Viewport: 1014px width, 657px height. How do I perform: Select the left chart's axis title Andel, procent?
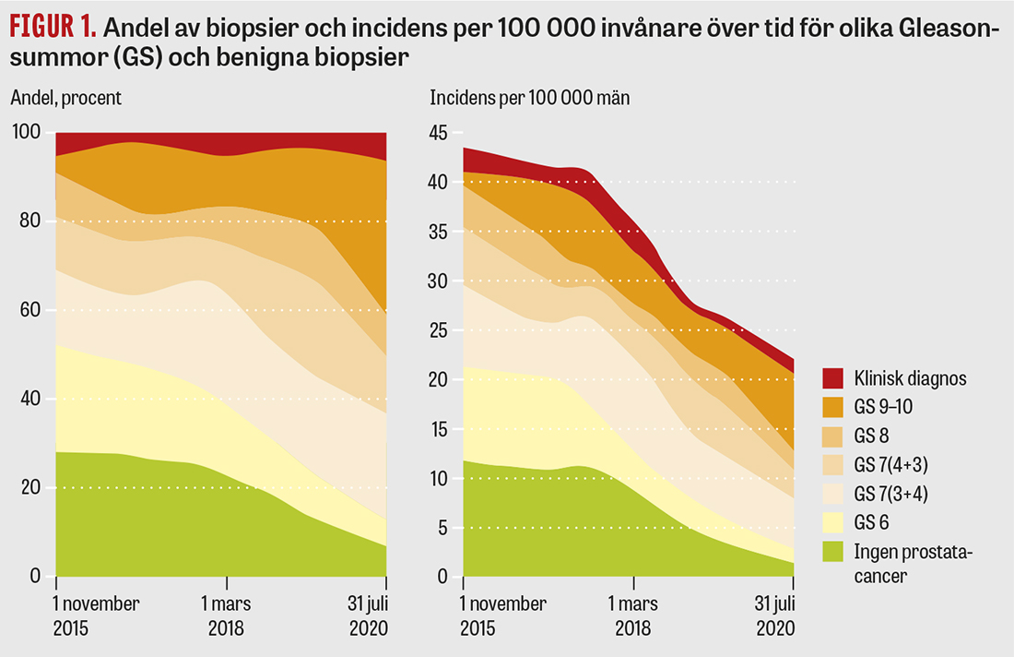pyautogui.click(x=66, y=97)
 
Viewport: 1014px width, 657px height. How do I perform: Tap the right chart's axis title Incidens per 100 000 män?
pyautogui.click(x=530, y=97)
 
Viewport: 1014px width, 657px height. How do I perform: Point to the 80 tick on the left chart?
pyautogui.click(x=30, y=221)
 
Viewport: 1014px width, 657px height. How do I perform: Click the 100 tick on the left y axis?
pyautogui.click(x=27, y=133)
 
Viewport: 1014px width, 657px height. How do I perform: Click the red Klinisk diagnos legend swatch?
pyautogui.click(x=833, y=377)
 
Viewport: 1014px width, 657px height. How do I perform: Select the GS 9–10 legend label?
pyautogui.click(x=883, y=406)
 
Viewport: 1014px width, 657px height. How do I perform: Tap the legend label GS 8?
pyautogui.click(x=872, y=435)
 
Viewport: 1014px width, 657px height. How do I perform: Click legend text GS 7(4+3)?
pyautogui.click(x=891, y=464)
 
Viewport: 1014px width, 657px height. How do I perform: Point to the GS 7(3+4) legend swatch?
pyautogui.click(x=833, y=493)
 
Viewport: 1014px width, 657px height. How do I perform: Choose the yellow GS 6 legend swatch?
pyautogui.click(x=833, y=522)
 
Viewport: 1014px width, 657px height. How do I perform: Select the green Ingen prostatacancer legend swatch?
pyautogui.click(x=833, y=552)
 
